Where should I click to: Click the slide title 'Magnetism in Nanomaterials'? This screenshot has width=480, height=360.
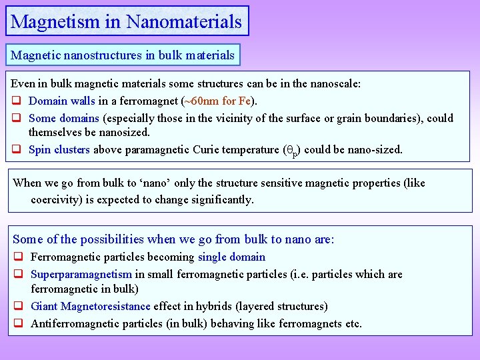(x=127, y=21)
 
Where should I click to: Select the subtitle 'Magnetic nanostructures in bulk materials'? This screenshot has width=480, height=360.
(x=123, y=55)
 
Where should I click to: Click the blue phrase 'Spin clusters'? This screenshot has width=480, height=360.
(x=59, y=149)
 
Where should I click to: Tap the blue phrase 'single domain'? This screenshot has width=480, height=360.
(x=231, y=257)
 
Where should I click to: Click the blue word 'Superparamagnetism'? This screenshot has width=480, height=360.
(x=81, y=274)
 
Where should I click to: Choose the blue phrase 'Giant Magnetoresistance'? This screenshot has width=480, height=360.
(x=91, y=306)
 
